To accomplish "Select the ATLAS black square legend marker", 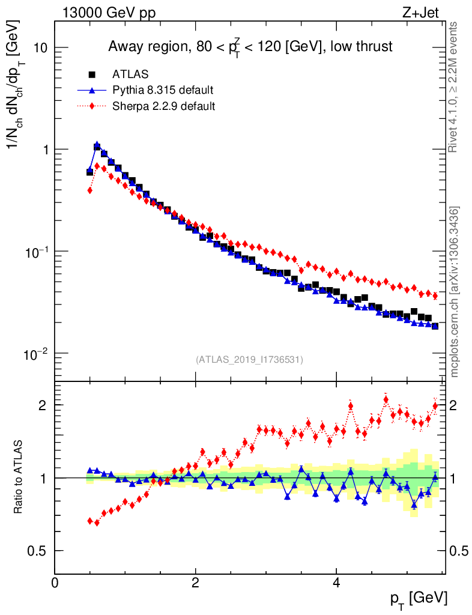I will tap(92, 75).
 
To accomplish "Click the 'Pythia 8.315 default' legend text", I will tap(163, 91).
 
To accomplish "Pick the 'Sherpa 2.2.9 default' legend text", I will tap(164, 106).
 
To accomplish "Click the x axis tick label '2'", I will tap(196, 583).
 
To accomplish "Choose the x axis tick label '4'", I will tap(336, 583).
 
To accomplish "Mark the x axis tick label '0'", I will tap(55, 583).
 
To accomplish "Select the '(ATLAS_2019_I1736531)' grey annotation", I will tap(249, 360).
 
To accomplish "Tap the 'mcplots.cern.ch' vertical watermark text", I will tap(455, 291).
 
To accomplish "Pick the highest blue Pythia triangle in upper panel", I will tap(97, 145).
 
